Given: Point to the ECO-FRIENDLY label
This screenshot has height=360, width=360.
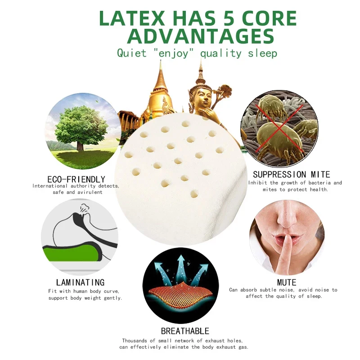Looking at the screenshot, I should (76, 179).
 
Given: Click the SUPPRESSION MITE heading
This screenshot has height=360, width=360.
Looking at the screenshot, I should (291, 174).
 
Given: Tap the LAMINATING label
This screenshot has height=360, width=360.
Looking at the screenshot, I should (77, 283).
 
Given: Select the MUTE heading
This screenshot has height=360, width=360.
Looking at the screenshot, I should (287, 283).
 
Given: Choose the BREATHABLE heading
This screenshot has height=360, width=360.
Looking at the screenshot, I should (185, 331).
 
